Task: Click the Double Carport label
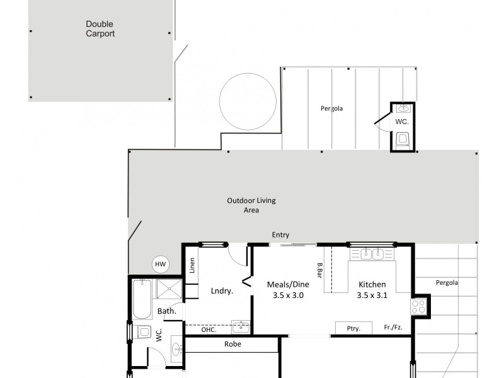click(x=100, y=29)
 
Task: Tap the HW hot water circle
click(x=161, y=265)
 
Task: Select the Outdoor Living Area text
click(x=251, y=205)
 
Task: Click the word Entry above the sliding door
click(x=280, y=235)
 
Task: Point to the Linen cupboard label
click(x=192, y=266)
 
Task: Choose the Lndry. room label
click(x=222, y=291)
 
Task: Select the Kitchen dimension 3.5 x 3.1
click(x=371, y=295)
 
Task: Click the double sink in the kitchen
click(x=372, y=254)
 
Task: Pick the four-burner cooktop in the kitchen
click(x=419, y=307)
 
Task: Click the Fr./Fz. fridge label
click(x=393, y=328)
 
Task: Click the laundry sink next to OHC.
click(x=240, y=326)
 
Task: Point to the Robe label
click(x=232, y=345)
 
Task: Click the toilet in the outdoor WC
click(x=403, y=139)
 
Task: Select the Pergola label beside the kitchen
click(x=447, y=283)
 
